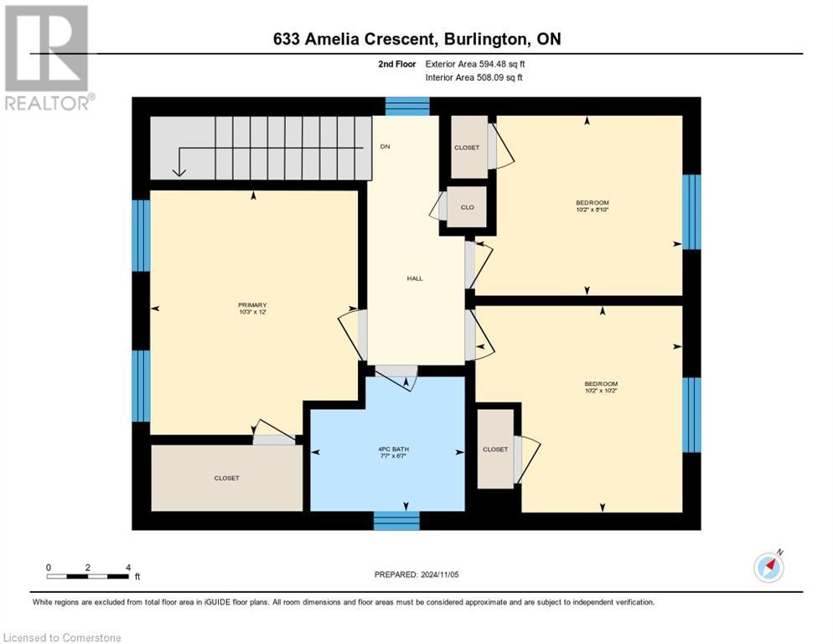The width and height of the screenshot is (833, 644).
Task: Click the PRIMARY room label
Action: coord(252,305)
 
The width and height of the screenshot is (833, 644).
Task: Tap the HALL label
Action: coord(415,278)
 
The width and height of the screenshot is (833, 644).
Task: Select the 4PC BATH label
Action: coord(392,449)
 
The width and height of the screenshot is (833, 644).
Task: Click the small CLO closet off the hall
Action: coord(467,206)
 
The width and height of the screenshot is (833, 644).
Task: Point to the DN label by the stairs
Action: coord(385,147)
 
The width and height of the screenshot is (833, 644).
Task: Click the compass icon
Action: coord(768,568)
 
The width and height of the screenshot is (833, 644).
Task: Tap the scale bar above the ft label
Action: coord(88,575)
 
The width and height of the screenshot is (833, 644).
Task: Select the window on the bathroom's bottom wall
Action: coord(396,521)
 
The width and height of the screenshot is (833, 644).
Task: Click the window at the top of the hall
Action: coord(407,106)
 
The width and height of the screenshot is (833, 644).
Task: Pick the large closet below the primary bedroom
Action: coord(226,477)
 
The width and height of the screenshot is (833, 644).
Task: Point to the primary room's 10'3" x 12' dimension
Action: coord(252,313)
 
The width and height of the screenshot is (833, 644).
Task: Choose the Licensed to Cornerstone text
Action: coord(63,638)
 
